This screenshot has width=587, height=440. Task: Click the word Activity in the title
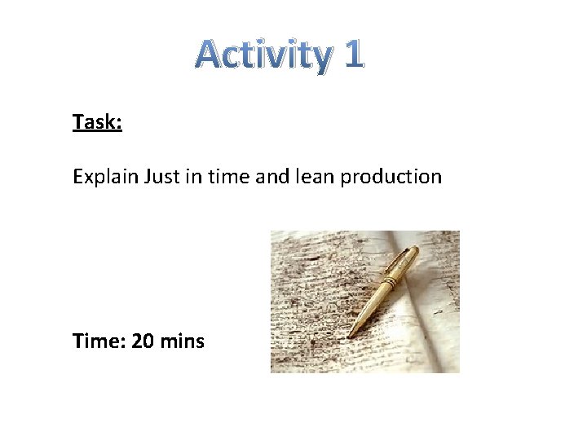tap(263, 55)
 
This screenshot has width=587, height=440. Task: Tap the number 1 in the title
tap(352, 55)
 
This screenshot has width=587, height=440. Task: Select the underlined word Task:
tap(97, 122)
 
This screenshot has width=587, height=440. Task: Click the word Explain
tap(105, 177)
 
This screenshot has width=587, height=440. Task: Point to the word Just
tap(161, 176)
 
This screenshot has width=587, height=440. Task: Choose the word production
tap(391, 177)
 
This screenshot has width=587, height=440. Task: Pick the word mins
tap(183, 341)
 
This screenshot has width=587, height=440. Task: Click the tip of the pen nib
tap(350, 336)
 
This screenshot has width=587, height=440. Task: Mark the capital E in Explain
tap(77, 176)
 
